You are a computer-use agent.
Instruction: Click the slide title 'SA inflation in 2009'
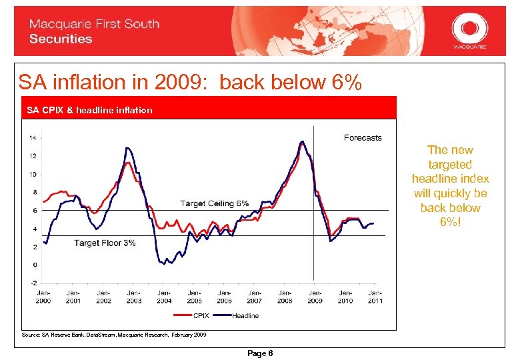pyautogui.click(x=190, y=83)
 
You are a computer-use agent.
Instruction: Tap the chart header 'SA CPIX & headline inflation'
pyautogui.click(x=89, y=110)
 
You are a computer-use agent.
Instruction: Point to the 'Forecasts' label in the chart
pyautogui.click(x=363, y=138)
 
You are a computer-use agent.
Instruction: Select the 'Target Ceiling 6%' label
pyautogui.click(x=215, y=203)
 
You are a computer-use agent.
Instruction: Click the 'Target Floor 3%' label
pyautogui.click(x=105, y=243)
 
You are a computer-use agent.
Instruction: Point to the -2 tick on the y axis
pyautogui.click(x=33, y=283)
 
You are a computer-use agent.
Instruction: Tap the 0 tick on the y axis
pyautogui.click(x=35, y=265)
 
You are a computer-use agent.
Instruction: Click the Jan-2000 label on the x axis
pyautogui.click(x=43, y=296)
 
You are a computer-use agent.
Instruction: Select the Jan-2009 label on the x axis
pyautogui.click(x=315, y=296)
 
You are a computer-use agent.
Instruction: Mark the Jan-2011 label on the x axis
pyautogui.click(x=375, y=296)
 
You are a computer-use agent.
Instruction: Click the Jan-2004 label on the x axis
pyautogui.click(x=164, y=296)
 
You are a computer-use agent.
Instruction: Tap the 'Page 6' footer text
pyautogui.click(x=260, y=353)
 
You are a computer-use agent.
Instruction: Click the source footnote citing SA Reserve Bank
pyautogui.click(x=114, y=334)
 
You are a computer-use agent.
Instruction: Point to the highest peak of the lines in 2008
pyautogui.click(x=302, y=141)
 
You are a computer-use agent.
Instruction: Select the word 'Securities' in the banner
pyautogui.click(x=61, y=39)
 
